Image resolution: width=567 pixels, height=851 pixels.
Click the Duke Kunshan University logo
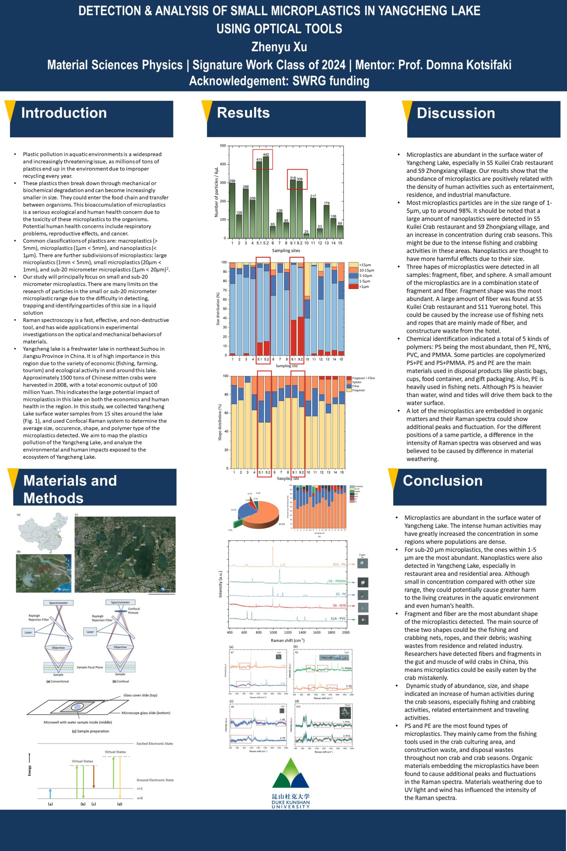pos(290,783)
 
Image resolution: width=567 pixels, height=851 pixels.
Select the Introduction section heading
pos(64,113)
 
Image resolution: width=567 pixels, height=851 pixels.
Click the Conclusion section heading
pos(443,480)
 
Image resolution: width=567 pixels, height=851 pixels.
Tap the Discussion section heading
pos(456,113)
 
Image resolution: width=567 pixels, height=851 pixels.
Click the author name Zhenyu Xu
pos(279,47)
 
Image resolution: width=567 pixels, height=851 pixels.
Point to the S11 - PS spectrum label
pos(339,564)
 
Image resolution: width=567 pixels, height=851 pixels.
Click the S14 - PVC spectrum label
pos(338,619)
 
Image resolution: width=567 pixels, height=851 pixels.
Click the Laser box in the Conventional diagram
pos(28,633)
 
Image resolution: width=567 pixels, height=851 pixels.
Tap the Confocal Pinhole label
pos(134,611)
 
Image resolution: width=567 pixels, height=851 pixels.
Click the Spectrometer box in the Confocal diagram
pos(120,602)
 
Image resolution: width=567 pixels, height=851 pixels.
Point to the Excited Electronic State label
pos(154,744)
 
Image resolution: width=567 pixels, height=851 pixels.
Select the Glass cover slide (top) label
pos(140,695)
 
